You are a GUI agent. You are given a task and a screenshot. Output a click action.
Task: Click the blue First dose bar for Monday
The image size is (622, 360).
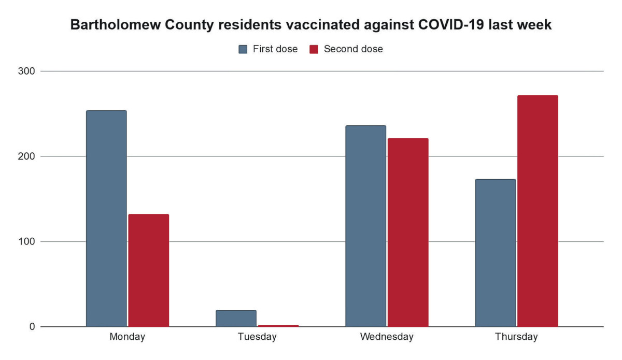[106, 219]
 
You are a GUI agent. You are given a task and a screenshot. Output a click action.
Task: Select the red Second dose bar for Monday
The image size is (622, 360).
[149, 270]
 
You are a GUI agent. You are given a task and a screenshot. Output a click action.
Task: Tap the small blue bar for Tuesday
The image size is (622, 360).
[236, 319]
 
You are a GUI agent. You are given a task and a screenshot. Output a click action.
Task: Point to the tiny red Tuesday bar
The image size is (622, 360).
[278, 325]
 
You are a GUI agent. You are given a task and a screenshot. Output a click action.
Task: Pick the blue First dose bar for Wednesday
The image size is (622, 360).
[366, 226]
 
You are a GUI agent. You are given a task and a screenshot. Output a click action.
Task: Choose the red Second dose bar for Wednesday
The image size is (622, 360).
[408, 233]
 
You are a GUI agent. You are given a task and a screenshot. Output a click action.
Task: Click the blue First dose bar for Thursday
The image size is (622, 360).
[496, 253]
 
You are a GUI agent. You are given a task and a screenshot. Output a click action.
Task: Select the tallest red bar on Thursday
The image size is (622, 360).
[538, 211]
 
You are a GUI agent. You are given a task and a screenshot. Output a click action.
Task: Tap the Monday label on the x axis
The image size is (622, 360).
[128, 337]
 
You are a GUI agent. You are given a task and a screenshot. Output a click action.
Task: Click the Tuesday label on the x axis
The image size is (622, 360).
[257, 337]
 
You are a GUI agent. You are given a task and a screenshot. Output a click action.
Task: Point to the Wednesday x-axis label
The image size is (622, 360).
[387, 337]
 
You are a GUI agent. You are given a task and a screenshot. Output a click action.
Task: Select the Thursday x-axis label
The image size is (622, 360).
[517, 337]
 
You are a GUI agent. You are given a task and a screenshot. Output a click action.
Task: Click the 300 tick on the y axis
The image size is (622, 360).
[27, 71]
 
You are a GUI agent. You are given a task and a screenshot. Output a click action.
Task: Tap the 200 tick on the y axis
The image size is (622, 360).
[27, 156]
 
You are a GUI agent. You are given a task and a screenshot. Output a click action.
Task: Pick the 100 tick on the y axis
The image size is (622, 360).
[27, 241]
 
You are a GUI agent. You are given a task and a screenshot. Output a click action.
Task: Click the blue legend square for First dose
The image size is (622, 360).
[243, 49]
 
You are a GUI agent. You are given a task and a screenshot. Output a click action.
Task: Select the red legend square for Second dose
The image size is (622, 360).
[314, 49]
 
